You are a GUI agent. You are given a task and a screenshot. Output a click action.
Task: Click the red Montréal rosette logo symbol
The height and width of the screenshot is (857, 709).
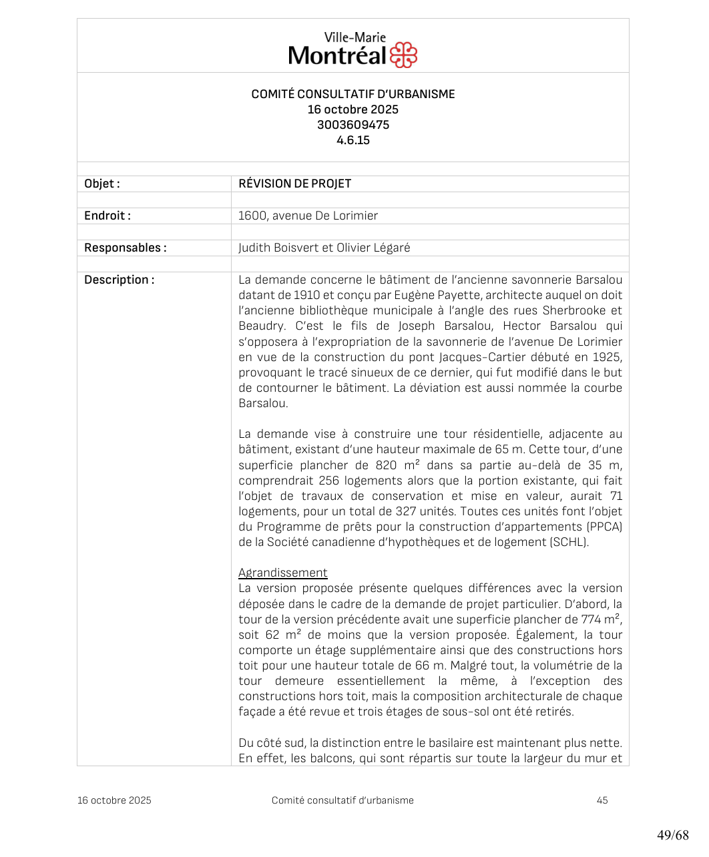point(403,55)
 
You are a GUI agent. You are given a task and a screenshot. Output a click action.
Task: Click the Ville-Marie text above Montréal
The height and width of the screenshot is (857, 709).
point(354,37)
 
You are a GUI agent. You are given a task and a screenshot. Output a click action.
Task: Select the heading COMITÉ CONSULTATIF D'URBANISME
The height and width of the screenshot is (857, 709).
point(353,94)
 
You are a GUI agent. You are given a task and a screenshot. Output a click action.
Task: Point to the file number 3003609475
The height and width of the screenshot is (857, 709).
point(353,125)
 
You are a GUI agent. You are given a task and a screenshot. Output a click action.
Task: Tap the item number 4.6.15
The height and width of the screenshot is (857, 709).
point(353,140)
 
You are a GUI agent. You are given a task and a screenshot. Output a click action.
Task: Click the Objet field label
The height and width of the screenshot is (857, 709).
point(102,184)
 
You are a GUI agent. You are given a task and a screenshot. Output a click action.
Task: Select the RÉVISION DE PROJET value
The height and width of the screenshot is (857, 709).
point(294,184)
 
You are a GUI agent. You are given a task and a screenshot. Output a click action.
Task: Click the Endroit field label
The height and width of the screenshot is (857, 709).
point(107,216)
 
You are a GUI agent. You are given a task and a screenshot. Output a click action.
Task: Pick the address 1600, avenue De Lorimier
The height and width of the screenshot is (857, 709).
point(308,216)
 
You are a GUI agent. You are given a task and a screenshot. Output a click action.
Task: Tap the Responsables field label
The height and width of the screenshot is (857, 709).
point(126,248)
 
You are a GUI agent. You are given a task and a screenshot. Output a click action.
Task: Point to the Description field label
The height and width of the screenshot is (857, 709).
point(119,280)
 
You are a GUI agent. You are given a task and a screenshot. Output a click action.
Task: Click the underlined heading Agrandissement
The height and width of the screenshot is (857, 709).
point(283,573)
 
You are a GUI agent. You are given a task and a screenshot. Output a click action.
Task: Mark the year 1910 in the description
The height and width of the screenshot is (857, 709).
point(307,295)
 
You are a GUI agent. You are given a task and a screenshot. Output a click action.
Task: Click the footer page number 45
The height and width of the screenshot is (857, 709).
point(602,800)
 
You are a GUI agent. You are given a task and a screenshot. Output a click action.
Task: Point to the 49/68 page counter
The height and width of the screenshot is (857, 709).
point(672,835)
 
